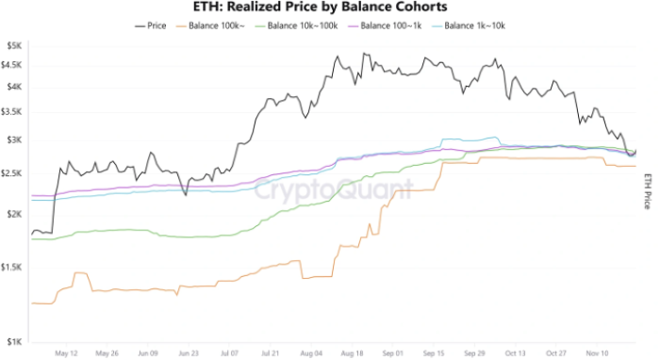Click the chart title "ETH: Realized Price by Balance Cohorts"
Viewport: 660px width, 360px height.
point(329,8)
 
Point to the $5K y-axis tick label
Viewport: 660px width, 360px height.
point(15,45)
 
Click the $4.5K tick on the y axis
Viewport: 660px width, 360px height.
point(13,64)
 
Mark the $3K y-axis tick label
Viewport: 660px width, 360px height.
point(15,139)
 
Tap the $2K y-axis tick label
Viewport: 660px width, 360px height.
point(15,214)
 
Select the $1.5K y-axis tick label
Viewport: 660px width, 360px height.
point(13,268)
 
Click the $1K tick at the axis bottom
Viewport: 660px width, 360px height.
point(15,342)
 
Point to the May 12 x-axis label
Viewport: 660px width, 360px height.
point(66,355)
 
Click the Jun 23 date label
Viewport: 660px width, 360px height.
point(189,355)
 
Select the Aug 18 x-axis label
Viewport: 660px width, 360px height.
point(353,355)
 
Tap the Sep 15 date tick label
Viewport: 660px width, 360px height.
point(435,355)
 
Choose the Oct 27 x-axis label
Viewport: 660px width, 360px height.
point(556,355)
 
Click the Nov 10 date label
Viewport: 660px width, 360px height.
point(598,355)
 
